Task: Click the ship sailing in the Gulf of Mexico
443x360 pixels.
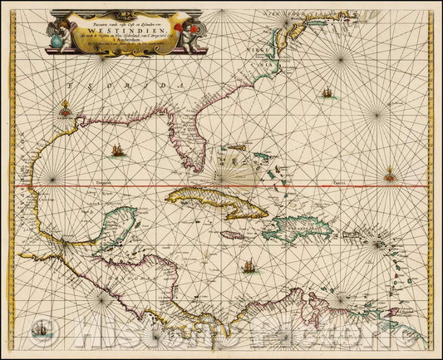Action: pyautogui.click(x=117, y=150)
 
